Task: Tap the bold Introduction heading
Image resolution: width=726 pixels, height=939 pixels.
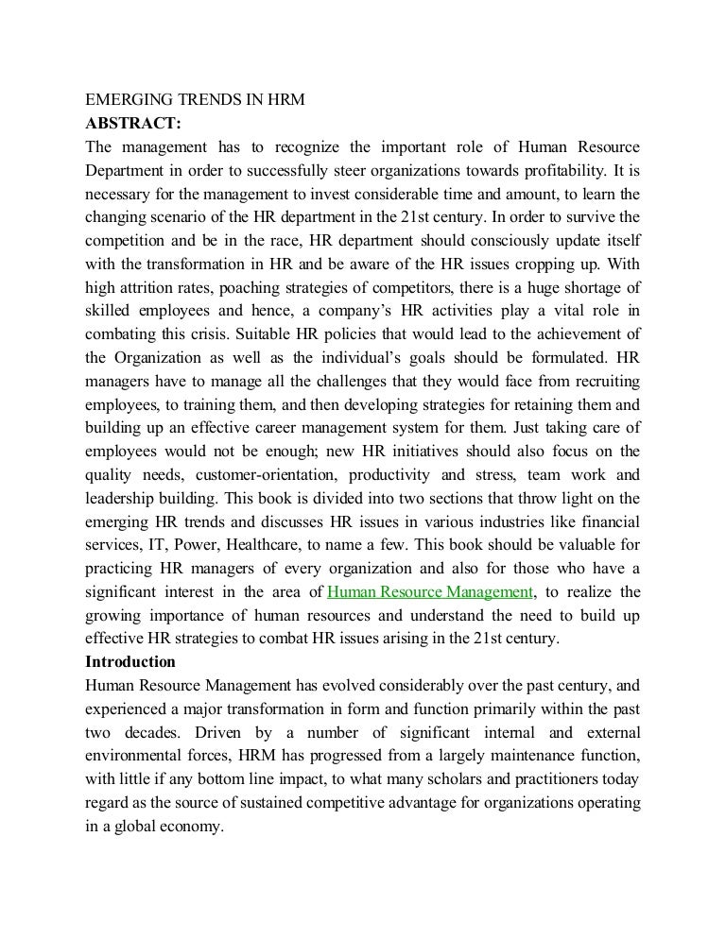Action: [130, 661]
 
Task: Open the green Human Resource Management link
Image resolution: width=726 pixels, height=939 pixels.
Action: [430, 591]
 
